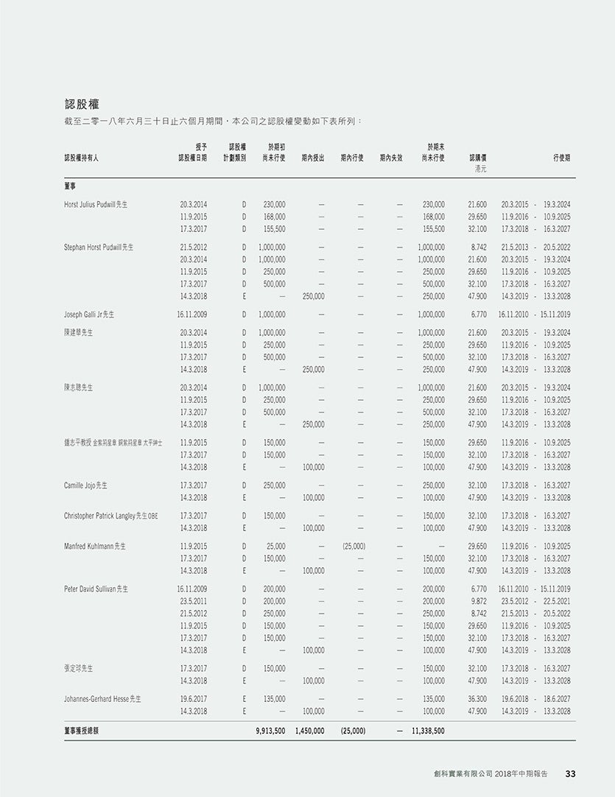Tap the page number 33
pos(570,773)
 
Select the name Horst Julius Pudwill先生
pos(96,204)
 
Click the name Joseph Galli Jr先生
pos(89,315)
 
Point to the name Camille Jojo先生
pos(86,485)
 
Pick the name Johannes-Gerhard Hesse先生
pos(102,698)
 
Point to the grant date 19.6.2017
pos(193,698)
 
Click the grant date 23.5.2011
pos(193,601)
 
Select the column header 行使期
pos(561,158)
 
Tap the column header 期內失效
pos(391,158)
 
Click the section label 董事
pos(71,187)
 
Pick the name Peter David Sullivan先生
pos(96,589)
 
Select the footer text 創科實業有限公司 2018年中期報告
pos(491,773)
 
